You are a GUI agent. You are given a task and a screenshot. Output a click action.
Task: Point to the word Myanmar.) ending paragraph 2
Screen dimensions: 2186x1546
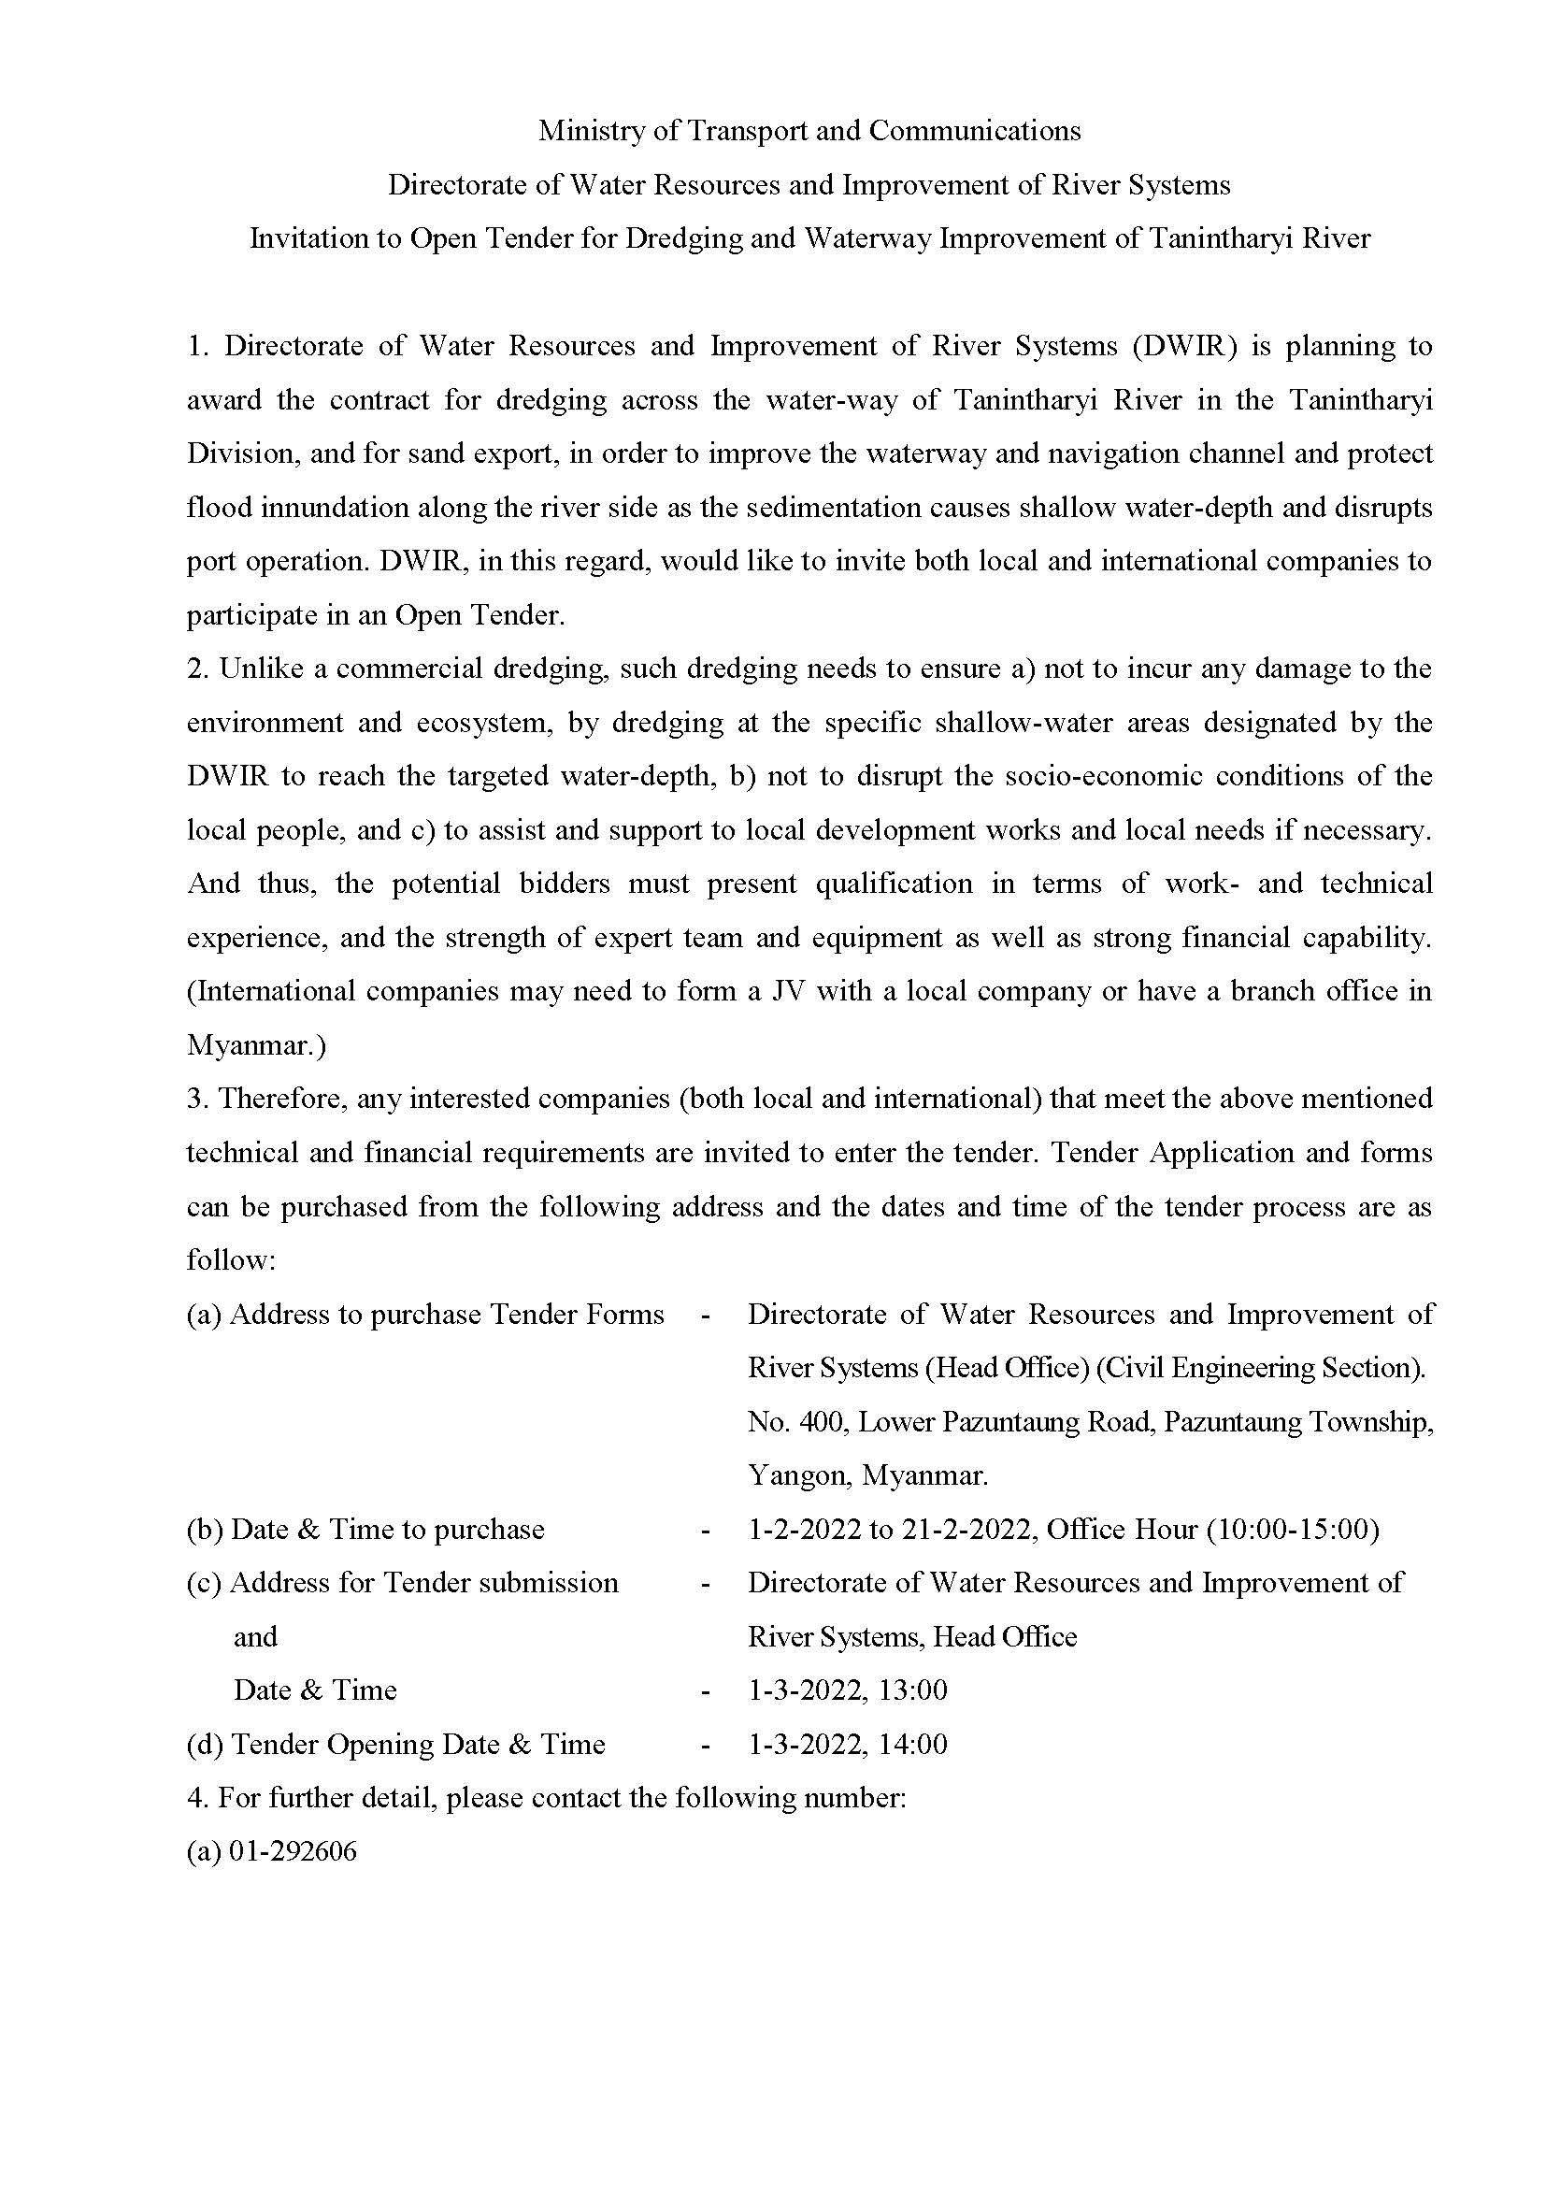(x=256, y=1045)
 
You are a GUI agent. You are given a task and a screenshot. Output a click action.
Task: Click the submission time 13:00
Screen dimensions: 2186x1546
(x=914, y=1690)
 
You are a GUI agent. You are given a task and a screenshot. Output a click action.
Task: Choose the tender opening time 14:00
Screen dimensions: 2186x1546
(x=914, y=1745)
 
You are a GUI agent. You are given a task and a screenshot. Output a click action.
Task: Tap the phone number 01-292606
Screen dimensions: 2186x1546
(x=293, y=1852)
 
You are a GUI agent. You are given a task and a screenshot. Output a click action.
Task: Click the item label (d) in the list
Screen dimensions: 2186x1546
(x=205, y=1745)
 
